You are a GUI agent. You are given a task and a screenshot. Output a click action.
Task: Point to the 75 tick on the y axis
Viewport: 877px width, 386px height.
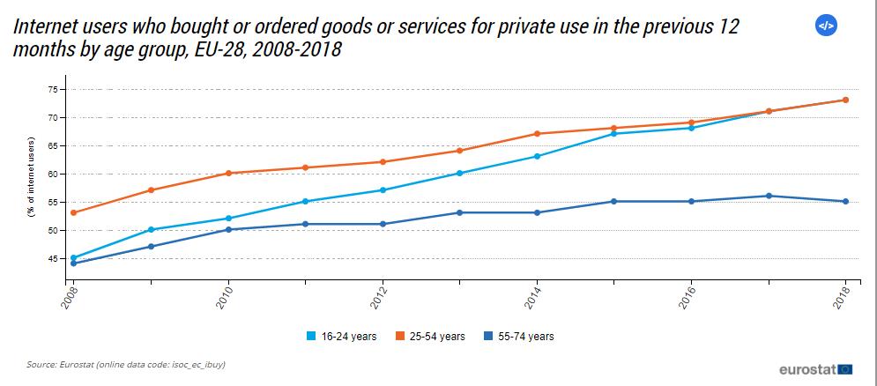pos(52,89)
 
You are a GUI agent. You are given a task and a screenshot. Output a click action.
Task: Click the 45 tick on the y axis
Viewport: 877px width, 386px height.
pos(52,258)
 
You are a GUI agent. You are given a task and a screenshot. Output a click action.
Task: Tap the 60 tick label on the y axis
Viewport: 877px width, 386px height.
pos(52,174)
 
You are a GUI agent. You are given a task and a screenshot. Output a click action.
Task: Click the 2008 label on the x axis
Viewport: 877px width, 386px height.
pos(70,298)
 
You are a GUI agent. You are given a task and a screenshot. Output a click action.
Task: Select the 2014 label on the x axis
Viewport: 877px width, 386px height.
pos(533,298)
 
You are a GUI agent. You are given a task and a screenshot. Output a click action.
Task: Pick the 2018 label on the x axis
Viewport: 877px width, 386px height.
pos(843,298)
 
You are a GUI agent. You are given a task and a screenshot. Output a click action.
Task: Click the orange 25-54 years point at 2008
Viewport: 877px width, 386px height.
pos(73,212)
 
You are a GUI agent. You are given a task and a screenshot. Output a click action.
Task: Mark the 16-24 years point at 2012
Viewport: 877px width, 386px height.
pos(383,190)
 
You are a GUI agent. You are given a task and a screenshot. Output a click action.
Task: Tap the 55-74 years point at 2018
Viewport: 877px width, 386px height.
pos(845,201)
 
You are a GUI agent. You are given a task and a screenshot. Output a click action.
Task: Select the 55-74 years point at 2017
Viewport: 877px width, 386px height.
pos(769,196)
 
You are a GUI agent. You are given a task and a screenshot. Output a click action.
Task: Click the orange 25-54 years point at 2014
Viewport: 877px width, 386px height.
pos(537,134)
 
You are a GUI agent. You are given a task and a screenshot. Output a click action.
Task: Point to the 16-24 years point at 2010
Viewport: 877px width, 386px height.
pos(228,219)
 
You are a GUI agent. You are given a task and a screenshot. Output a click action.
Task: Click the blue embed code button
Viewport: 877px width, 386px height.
pos(826,26)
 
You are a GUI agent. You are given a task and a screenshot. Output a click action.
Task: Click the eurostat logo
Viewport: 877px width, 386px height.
pos(815,368)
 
